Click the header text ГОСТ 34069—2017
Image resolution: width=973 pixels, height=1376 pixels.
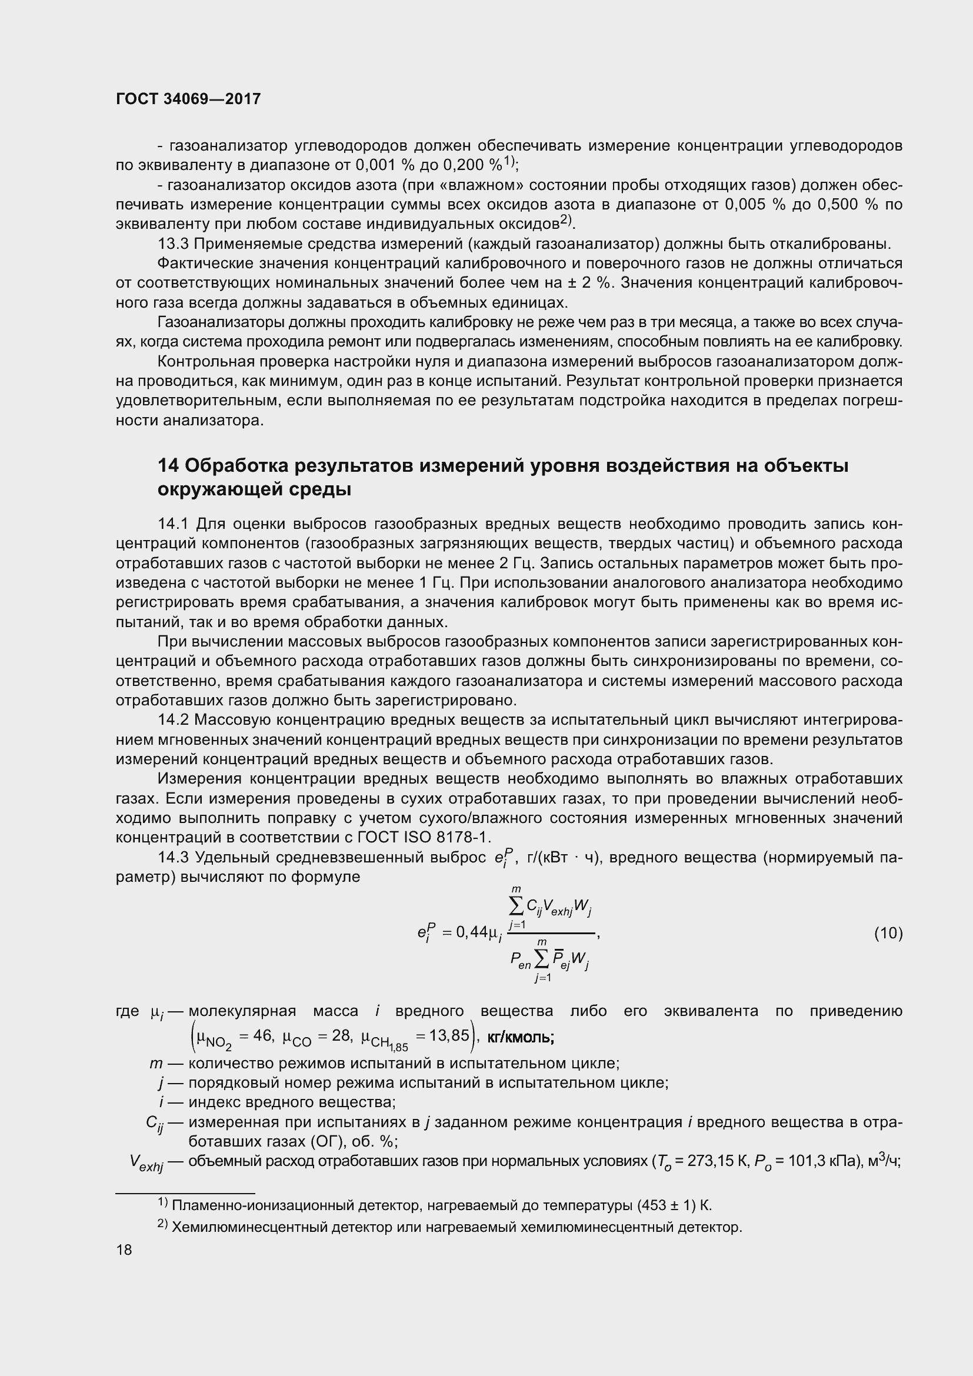point(188,99)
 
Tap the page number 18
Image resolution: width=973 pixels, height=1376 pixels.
point(124,1250)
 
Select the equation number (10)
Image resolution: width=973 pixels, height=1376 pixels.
point(888,932)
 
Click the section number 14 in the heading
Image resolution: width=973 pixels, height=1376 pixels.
point(168,466)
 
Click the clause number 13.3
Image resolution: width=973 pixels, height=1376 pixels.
point(173,244)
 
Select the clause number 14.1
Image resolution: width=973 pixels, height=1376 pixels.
point(173,524)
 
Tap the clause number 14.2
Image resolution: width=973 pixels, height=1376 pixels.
point(173,719)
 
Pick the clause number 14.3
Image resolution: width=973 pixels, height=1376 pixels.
point(173,858)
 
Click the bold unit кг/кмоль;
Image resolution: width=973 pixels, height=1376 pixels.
point(521,1037)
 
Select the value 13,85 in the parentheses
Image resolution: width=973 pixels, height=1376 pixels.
point(449,1035)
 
